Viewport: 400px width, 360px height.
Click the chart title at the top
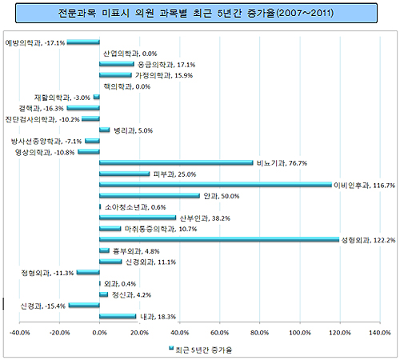[200, 14]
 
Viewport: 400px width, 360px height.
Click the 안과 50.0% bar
[150, 195]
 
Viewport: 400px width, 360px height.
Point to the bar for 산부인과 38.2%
[138, 217]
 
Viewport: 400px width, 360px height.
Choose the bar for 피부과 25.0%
[125, 174]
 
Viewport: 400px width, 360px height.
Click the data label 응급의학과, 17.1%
[166, 64]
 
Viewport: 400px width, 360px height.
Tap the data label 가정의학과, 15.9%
[163, 75]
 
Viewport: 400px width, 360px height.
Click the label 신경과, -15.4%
[42, 306]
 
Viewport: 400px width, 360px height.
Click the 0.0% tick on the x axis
[100, 333]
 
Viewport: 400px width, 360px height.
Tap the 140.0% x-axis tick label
[380, 333]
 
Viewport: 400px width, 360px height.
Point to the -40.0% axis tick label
[19, 333]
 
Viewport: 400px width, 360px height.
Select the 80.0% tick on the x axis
[260, 333]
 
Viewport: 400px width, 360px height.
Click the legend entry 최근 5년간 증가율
[202, 349]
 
